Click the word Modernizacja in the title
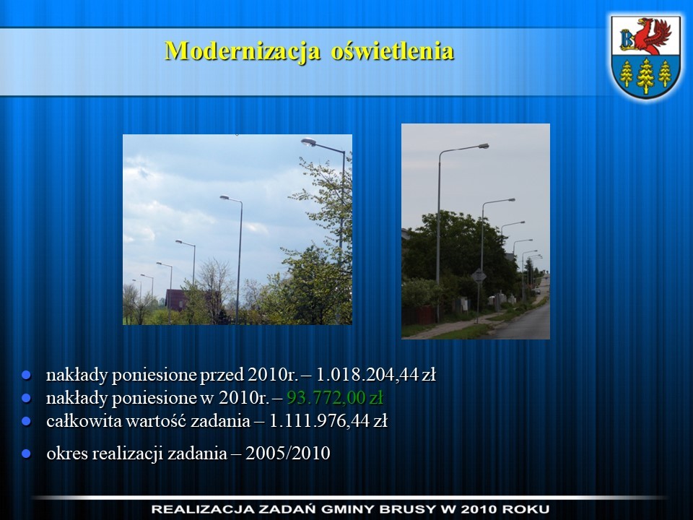(x=243, y=51)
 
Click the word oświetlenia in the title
(x=393, y=51)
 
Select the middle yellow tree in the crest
(x=645, y=76)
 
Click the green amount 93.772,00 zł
(x=335, y=398)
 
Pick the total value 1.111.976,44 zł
(x=328, y=420)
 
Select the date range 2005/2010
(x=288, y=454)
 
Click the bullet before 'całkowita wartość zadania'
(x=27, y=421)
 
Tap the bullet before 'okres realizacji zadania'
(x=27, y=454)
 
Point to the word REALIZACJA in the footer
(x=201, y=509)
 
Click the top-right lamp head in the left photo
(x=308, y=142)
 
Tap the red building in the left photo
(x=176, y=300)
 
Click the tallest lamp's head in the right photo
(x=483, y=145)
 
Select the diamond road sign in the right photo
(x=479, y=277)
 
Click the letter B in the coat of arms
(x=627, y=39)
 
